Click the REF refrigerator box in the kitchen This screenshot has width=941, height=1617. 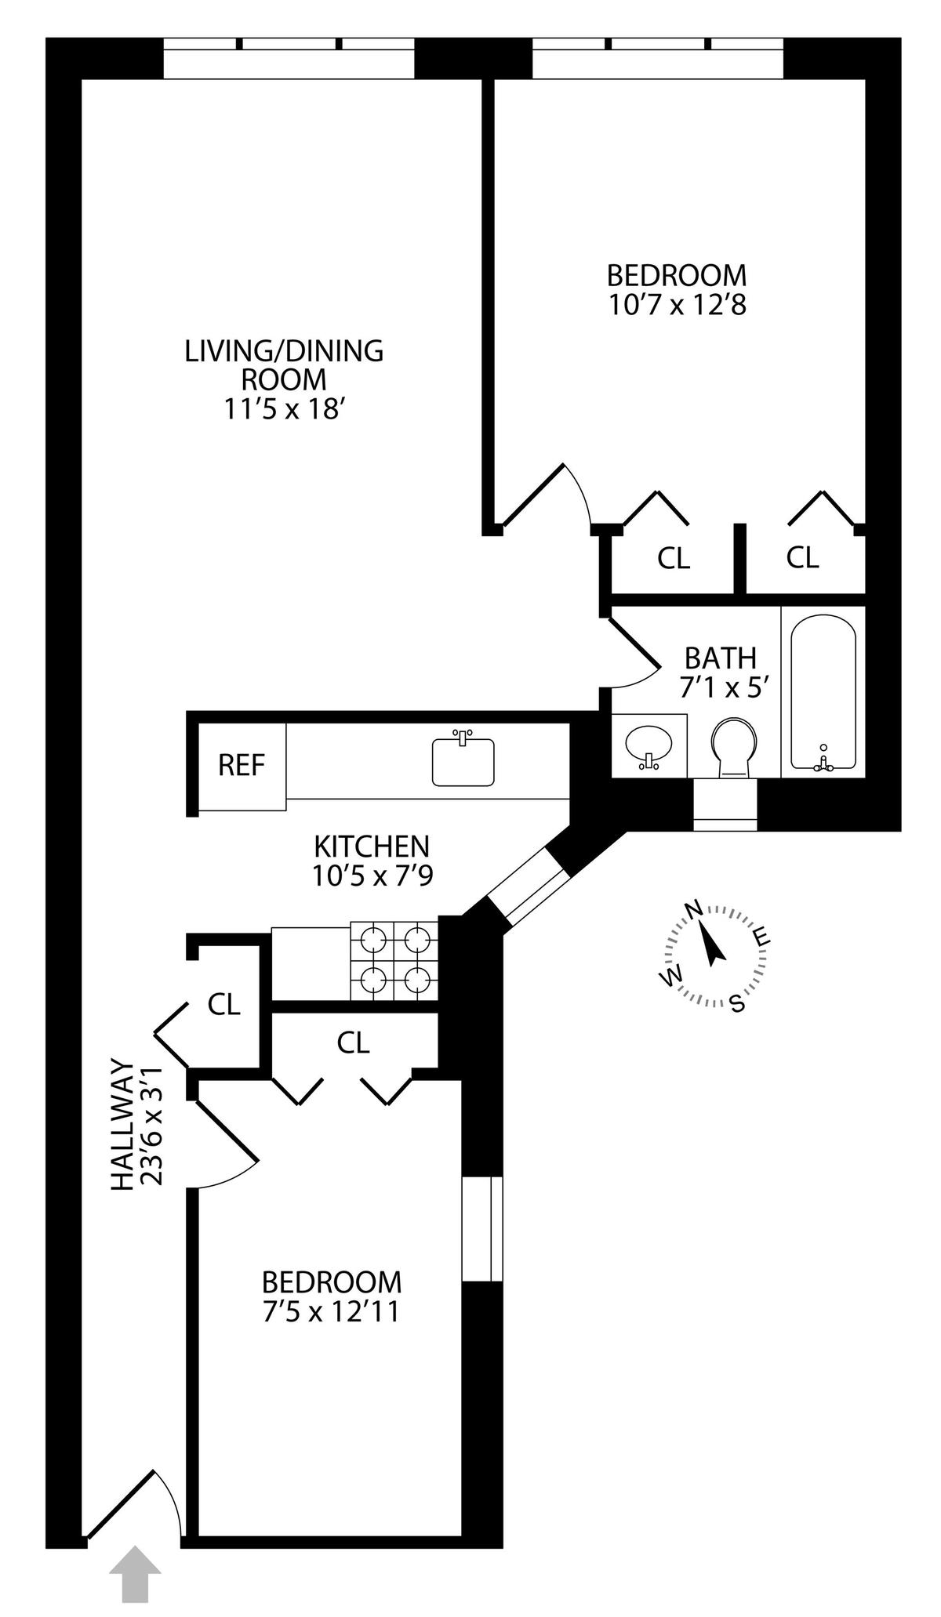(242, 766)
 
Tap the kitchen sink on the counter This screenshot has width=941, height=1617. (463, 760)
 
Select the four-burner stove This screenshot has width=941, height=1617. (394, 960)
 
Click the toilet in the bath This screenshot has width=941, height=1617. (736, 747)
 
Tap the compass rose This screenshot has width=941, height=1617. (714, 955)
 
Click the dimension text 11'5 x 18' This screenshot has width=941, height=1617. (284, 409)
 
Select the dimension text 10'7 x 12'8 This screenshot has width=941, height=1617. (677, 304)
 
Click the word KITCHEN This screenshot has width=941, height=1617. (372, 847)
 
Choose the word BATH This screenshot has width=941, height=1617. (721, 657)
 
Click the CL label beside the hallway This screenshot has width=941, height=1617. (223, 1004)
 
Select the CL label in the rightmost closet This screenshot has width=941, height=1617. (802, 557)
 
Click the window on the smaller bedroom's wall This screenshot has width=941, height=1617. (481, 1228)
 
